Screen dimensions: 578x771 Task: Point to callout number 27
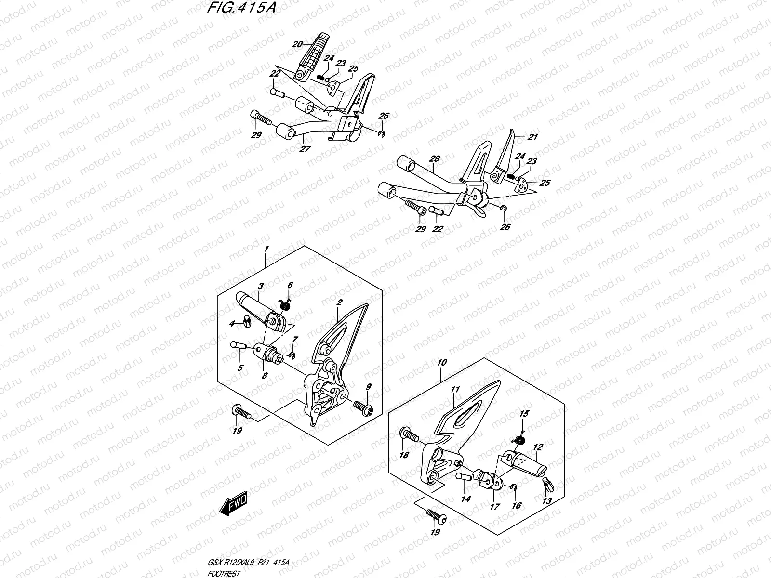tap(305, 149)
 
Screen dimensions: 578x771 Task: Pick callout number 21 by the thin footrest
tap(532, 137)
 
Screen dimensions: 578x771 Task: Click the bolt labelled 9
tap(362, 407)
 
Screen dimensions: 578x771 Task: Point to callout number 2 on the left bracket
tap(339, 303)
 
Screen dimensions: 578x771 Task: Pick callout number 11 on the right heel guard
tap(455, 390)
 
